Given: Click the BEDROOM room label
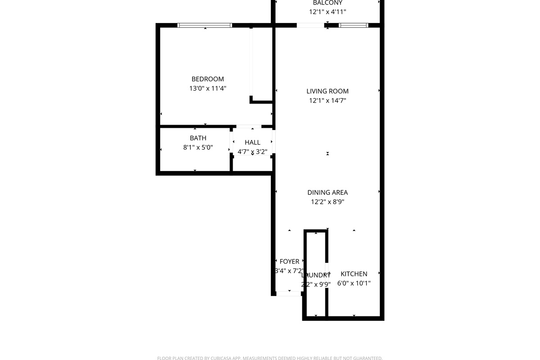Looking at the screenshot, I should [x=207, y=79].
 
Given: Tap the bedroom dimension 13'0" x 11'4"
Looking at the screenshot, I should [x=207, y=89].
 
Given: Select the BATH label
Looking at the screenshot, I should [x=198, y=138].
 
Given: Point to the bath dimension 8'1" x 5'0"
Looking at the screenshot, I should [x=198, y=147].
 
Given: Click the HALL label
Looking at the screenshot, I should [x=252, y=142].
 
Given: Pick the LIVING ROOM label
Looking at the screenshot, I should [x=328, y=91].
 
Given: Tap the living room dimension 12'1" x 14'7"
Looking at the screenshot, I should [x=328, y=101].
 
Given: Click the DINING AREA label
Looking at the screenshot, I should [x=328, y=193].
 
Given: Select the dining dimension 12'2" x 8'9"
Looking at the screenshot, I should [x=328, y=202].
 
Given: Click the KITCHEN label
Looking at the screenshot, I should [x=354, y=274].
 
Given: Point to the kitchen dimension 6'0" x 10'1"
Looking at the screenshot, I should [x=354, y=283].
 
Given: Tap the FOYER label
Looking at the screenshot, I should [x=289, y=261].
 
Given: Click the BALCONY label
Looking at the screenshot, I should [x=328, y=3].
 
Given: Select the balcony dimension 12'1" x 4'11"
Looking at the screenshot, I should [x=328, y=12].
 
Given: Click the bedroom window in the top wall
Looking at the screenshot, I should [x=205, y=25].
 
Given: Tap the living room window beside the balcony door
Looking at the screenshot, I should [x=354, y=25].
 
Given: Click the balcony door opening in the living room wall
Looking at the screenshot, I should [x=310, y=25].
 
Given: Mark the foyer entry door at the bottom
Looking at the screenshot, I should [x=288, y=293].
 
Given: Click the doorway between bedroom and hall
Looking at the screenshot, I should [x=248, y=126].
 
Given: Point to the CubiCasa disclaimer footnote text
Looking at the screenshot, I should [x=270, y=358].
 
